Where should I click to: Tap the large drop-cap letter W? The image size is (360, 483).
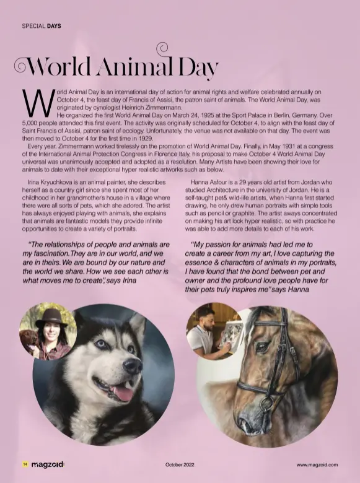[38, 102]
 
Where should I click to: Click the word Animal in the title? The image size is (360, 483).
[132, 67]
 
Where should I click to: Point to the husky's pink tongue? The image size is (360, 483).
[123, 392]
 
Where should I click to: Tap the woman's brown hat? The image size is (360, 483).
[51, 316]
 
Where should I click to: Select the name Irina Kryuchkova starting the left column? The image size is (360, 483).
[47, 183]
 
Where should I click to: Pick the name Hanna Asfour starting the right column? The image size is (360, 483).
[212, 183]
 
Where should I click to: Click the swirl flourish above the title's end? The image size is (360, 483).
[162, 47]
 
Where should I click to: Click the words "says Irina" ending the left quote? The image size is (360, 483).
[121, 280]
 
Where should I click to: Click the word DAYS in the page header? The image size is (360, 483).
[52, 26]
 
